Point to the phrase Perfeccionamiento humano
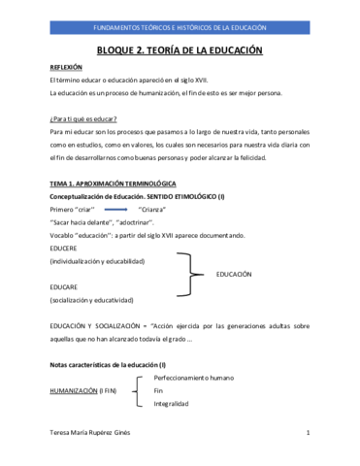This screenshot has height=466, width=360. tap(194, 377)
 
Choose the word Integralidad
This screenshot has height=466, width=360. tap(171, 403)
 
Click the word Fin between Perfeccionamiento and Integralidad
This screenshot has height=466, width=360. tap(159, 390)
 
